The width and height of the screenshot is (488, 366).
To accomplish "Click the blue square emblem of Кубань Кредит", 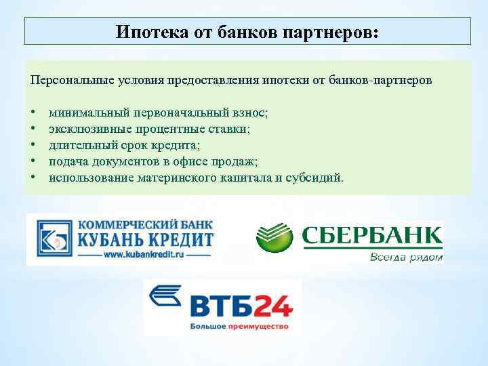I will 52,239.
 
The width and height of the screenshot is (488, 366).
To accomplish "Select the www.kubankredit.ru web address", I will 145,256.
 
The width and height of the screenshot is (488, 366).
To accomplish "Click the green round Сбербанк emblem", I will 274,238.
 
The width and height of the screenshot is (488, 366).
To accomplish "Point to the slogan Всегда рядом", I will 406,258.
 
